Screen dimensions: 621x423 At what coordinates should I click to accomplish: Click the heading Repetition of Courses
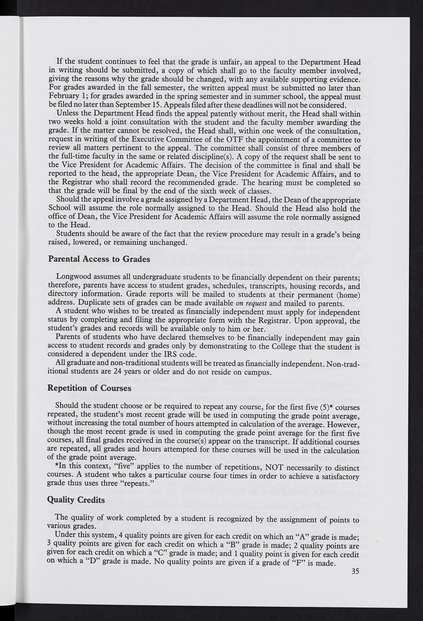tap(89, 388)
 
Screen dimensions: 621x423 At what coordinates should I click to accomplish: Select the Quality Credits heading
tap(76, 499)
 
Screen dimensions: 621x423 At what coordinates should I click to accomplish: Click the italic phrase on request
tap(251, 304)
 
